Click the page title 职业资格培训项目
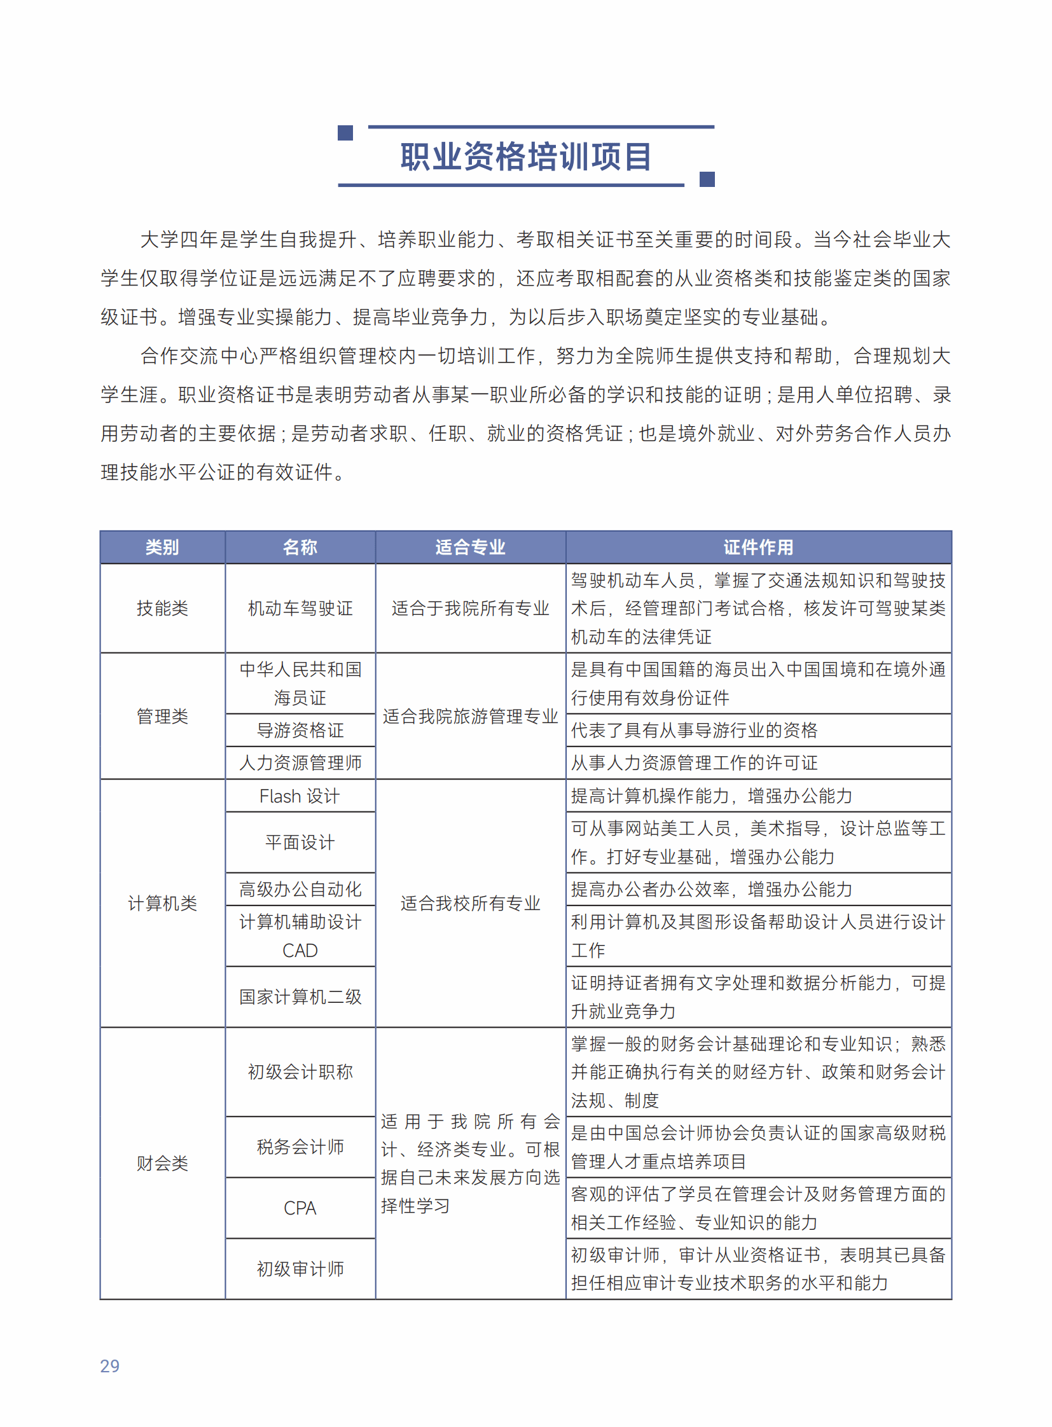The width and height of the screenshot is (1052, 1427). (525, 156)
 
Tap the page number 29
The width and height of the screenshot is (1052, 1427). (109, 1365)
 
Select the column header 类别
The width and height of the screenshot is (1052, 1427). (162, 547)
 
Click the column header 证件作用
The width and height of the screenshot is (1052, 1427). (758, 547)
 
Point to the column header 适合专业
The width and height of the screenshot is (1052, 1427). (470, 547)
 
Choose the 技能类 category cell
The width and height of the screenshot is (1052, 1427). (162, 608)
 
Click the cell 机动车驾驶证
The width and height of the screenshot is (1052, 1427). (300, 608)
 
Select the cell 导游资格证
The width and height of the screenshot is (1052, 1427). (300, 730)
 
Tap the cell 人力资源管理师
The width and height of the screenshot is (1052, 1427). (300, 762)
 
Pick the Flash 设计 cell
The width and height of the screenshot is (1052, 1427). (300, 796)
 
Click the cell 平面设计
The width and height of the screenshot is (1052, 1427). (300, 842)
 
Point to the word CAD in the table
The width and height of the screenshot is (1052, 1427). (300, 950)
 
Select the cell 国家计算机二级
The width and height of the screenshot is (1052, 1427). (300, 996)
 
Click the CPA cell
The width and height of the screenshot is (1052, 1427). (300, 1208)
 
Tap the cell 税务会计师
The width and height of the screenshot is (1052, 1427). (300, 1146)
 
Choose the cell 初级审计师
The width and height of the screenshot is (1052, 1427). (300, 1269)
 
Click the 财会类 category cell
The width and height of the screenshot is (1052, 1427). (162, 1162)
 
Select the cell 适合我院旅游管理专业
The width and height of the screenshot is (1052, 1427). (470, 716)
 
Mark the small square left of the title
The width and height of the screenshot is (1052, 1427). (345, 132)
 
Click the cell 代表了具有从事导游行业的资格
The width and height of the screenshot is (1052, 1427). (694, 730)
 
